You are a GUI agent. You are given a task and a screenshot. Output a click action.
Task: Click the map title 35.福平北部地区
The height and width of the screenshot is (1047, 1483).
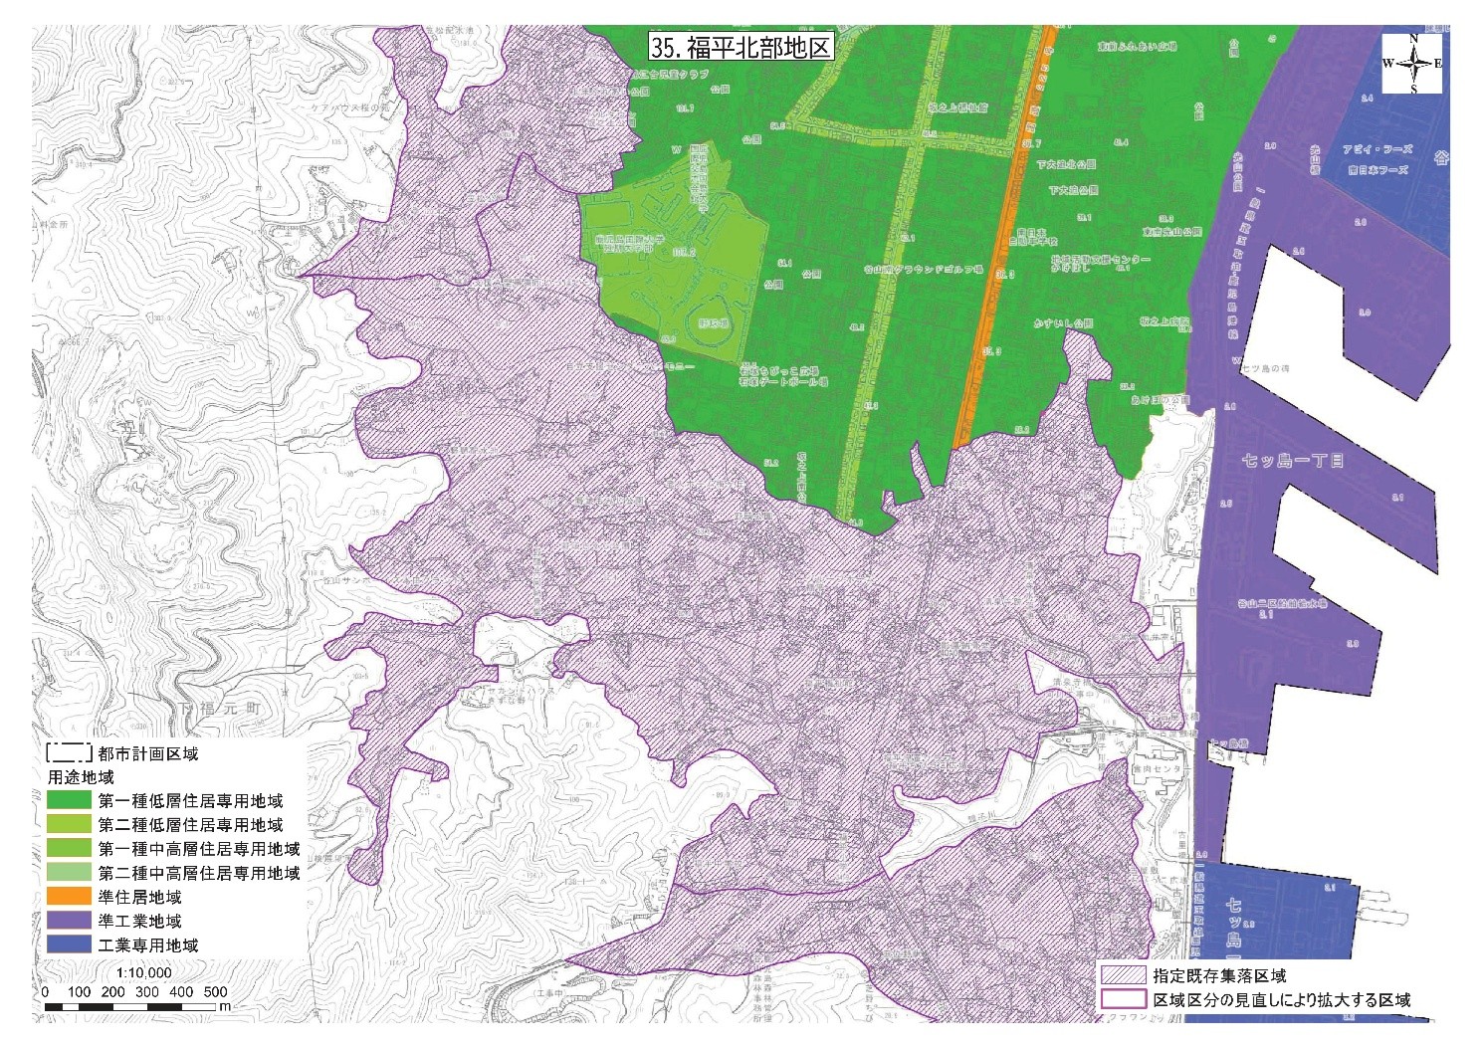click(x=740, y=47)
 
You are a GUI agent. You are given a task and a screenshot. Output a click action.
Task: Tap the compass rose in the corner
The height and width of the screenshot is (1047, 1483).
click(x=1412, y=64)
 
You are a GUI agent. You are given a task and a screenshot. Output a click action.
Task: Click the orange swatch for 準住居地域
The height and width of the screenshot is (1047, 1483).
click(x=70, y=897)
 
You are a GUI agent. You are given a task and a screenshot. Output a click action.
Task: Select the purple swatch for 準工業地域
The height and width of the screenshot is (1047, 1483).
click(x=70, y=921)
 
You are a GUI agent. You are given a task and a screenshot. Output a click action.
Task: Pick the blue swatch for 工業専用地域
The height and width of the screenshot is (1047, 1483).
click(x=70, y=944)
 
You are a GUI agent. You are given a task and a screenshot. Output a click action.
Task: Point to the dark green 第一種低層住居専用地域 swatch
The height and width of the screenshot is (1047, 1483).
click(x=70, y=800)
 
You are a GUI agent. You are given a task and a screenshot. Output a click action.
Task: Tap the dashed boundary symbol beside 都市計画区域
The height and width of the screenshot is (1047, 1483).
click(x=69, y=753)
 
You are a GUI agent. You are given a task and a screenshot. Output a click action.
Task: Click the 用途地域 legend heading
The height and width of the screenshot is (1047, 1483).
click(x=81, y=776)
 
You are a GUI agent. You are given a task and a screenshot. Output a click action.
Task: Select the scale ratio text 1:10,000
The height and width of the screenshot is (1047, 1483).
click(x=144, y=972)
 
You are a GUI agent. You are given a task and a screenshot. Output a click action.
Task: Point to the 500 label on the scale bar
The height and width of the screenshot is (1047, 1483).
click(x=215, y=991)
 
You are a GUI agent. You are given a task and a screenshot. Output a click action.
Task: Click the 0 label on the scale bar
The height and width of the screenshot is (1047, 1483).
click(x=45, y=991)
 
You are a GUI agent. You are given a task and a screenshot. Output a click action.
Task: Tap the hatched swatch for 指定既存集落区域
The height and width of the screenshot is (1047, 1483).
click(x=1123, y=975)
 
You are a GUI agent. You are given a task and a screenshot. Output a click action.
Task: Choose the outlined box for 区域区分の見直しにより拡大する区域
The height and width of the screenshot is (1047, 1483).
click(x=1123, y=998)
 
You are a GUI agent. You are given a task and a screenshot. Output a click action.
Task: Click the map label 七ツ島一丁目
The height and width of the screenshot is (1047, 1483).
click(x=1293, y=461)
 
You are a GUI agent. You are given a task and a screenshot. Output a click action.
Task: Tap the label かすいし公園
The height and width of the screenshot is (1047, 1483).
click(x=1063, y=323)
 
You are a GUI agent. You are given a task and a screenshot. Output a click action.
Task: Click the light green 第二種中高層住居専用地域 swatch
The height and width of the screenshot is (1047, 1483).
click(x=70, y=873)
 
